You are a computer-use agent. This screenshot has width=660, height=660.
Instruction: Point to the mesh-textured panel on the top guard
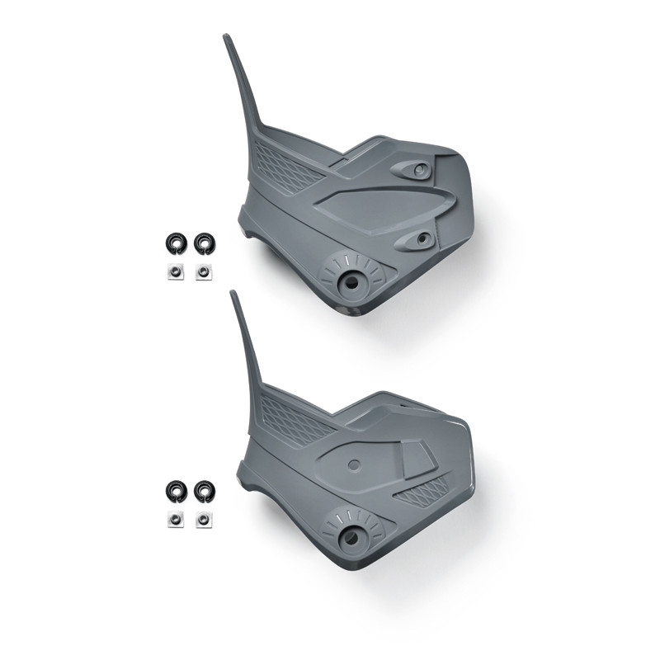click(285, 165)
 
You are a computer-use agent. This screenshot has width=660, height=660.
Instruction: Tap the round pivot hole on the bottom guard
click(351, 538)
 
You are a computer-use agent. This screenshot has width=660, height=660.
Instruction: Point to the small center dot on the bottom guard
click(354, 464)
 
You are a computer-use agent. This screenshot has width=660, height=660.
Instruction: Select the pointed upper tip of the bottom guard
click(234, 295)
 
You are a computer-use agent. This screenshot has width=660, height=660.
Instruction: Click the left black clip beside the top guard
click(175, 243)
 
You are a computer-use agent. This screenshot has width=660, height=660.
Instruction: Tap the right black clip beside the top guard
click(203, 243)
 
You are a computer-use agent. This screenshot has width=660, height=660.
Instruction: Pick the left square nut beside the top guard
click(175, 271)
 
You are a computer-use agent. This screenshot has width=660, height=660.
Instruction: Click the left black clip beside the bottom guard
click(175, 491)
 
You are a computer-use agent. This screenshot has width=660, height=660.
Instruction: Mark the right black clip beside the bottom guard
click(203, 491)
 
